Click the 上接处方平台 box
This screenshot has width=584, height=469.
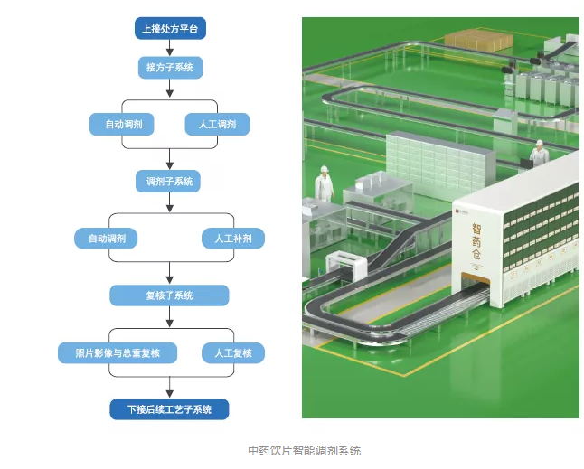(169, 30)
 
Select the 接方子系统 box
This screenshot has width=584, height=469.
(169, 68)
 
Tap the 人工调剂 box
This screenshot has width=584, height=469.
(217, 125)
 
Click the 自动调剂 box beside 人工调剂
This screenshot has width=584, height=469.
(123, 125)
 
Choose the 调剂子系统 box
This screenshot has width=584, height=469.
(169, 182)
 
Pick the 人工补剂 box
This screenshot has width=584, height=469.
(232, 239)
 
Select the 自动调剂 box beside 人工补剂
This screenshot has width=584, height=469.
(107, 239)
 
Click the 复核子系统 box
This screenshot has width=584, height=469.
(169, 295)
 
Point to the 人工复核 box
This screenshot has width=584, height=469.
(233, 352)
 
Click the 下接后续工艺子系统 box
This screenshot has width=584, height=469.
(169, 409)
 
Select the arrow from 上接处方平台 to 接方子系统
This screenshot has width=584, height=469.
(169, 49)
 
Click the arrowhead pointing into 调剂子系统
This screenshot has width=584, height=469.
(169, 167)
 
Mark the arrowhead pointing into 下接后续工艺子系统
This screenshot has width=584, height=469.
(169, 394)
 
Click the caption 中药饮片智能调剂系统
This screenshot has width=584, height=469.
(304, 450)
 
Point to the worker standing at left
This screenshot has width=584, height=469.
(324, 183)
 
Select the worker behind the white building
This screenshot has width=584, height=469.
(539, 155)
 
